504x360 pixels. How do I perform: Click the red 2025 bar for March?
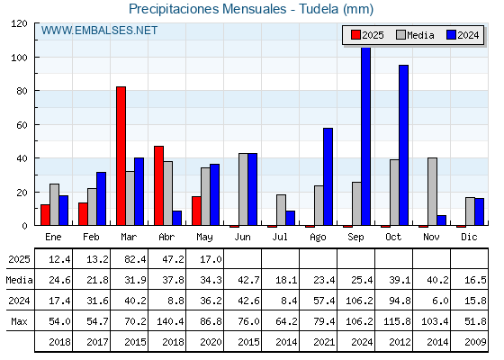point(121,156)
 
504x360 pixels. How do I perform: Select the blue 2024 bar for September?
point(365,136)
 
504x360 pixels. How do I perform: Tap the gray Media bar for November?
point(432,192)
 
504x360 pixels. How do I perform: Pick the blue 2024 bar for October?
point(404,145)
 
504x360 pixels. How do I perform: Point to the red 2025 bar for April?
point(158,185)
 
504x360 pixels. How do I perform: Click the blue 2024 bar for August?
point(328,176)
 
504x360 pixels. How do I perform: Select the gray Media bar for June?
point(243,189)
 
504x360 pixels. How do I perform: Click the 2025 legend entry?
point(367,35)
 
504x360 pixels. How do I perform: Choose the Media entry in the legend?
point(415,35)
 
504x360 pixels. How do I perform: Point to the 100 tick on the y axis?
point(18,58)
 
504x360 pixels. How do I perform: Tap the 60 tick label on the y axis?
point(22,125)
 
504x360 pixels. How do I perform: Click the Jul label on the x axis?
point(280,237)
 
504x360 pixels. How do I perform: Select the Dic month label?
point(469,237)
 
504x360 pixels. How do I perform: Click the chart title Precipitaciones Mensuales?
point(207,9)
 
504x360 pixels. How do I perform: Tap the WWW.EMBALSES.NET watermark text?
point(99,31)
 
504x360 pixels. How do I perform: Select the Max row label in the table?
point(19,321)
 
